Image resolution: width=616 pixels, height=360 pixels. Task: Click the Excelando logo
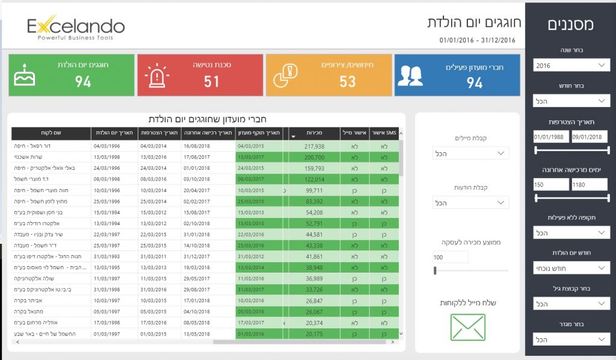tap(76, 26)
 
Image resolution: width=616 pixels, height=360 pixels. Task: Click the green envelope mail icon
tap(468, 327)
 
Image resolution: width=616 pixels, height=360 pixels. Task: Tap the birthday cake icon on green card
tap(25, 75)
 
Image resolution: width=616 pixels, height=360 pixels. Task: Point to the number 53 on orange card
tap(347, 82)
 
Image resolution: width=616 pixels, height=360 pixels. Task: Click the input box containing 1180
tap(589, 185)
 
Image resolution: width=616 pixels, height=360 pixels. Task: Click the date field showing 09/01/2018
tap(589, 137)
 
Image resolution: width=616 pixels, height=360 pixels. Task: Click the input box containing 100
tap(451, 257)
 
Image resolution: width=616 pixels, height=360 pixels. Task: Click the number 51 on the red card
tap(211, 82)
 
